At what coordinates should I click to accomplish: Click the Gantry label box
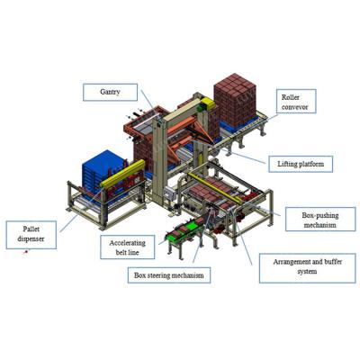coord(110,92)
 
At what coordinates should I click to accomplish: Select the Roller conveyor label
coord(296,101)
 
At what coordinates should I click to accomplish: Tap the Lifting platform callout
coord(301,164)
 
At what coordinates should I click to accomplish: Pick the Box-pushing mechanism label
coord(320,220)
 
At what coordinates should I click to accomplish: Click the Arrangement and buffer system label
coord(308,266)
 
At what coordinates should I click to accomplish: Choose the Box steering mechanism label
coord(169,275)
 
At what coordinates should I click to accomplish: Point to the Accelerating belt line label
coord(128,247)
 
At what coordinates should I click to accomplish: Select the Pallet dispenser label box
coord(31,235)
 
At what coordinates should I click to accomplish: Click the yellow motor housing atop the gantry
coord(208,103)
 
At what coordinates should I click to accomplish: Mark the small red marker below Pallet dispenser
coord(26,252)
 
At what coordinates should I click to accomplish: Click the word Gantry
coord(110,92)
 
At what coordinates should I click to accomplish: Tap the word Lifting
coord(286,164)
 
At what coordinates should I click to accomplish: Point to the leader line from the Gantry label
coord(150,106)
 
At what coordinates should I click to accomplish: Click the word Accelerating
coord(128,243)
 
